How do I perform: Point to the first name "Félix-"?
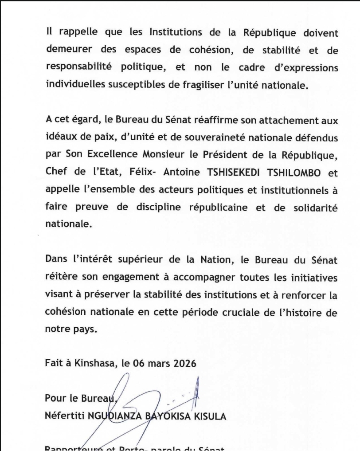click(146, 173)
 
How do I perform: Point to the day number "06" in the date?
click(141, 365)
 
